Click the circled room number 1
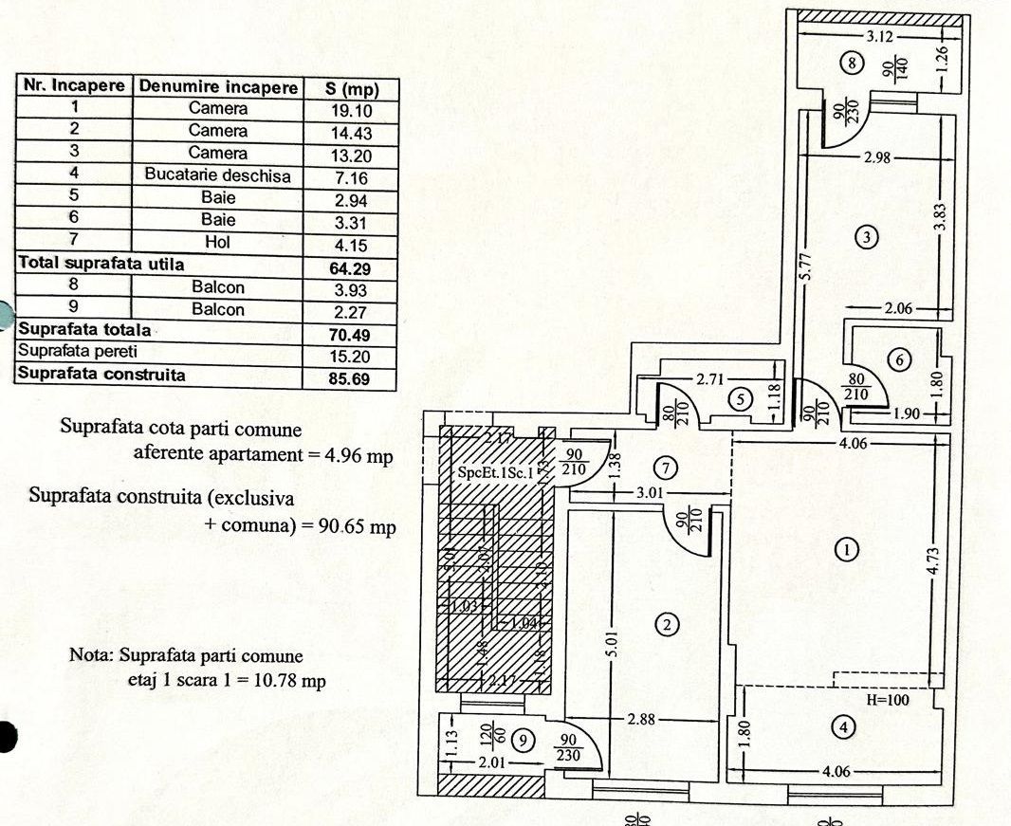tap(845, 549)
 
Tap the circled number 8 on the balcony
tap(852, 64)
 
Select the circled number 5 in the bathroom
tap(741, 399)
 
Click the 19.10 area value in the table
tap(350, 110)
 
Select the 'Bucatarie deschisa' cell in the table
tap(218, 175)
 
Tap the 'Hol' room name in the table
tap(218, 243)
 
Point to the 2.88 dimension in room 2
tap(642, 720)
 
